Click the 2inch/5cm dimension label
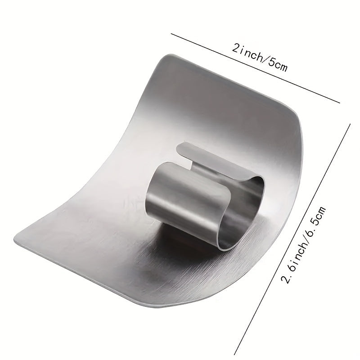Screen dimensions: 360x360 click(259, 58)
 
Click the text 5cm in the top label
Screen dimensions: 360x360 click(275, 64)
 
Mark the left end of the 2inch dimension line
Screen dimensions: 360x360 click(171, 33)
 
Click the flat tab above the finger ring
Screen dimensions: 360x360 click(211, 157)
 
